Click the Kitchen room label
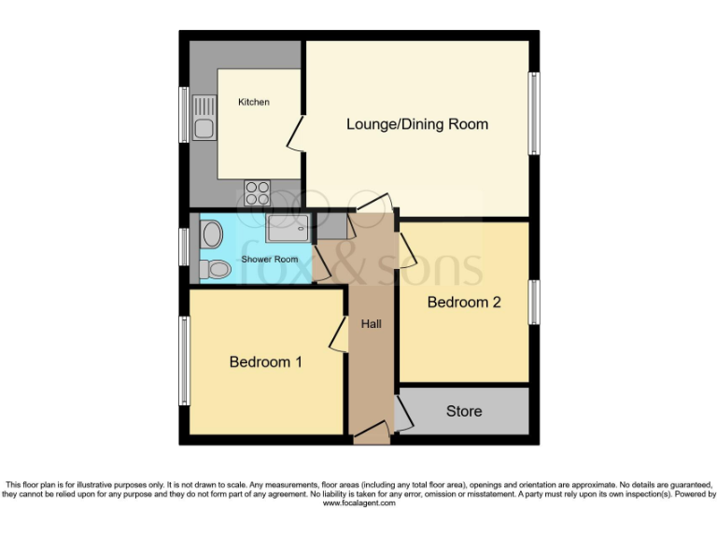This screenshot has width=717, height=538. [253, 102]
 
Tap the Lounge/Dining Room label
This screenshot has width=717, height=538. [416, 124]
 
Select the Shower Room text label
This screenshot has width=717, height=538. [270, 259]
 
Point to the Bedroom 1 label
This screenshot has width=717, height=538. [265, 361]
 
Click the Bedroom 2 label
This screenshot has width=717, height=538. [464, 302]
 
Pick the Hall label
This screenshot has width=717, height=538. [371, 324]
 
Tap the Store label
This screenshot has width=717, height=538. [464, 411]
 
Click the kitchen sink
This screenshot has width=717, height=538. [204, 118]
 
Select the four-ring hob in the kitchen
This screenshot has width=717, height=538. [257, 192]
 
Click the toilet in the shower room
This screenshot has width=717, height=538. [216, 269]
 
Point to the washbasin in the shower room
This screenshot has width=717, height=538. [211, 232]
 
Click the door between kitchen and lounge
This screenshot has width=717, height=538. [295, 134]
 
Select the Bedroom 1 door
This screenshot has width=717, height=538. [338, 334]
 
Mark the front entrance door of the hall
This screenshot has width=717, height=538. [371, 432]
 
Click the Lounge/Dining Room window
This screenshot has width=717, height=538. [534, 112]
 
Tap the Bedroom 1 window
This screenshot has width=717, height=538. [185, 361]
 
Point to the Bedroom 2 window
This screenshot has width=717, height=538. [534, 302]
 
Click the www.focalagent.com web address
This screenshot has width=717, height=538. [358, 503]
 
